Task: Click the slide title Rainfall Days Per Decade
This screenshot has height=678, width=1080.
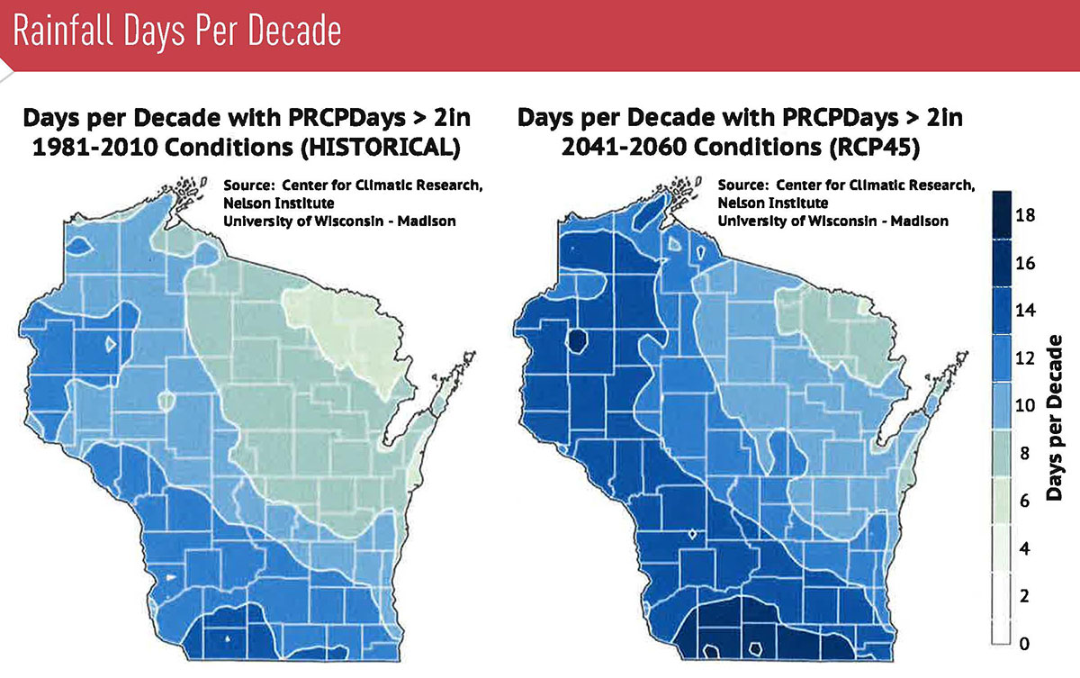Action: [177, 32]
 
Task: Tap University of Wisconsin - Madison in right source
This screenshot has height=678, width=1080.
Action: [832, 221]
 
